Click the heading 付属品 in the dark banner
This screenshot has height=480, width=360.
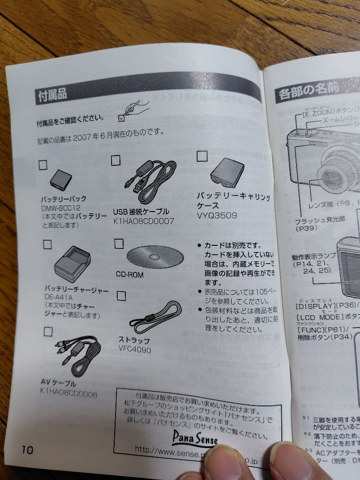tap(52, 95)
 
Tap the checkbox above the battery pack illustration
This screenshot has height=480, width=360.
tap(43, 165)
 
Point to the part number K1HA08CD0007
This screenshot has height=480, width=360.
tap(143, 220)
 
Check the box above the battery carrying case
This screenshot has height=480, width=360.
tap(202, 156)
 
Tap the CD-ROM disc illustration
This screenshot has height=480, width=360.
tap(155, 256)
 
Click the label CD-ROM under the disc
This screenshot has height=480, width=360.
tap(130, 275)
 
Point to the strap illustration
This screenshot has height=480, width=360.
tap(155, 317)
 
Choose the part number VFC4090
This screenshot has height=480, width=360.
tap(134, 350)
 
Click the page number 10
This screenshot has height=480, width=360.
tap(27, 449)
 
